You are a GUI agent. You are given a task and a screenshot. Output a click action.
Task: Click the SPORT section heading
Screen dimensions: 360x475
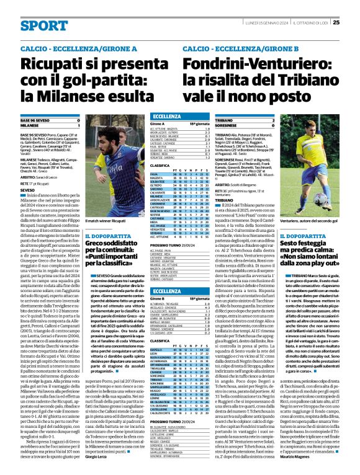(x=44, y=25)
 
